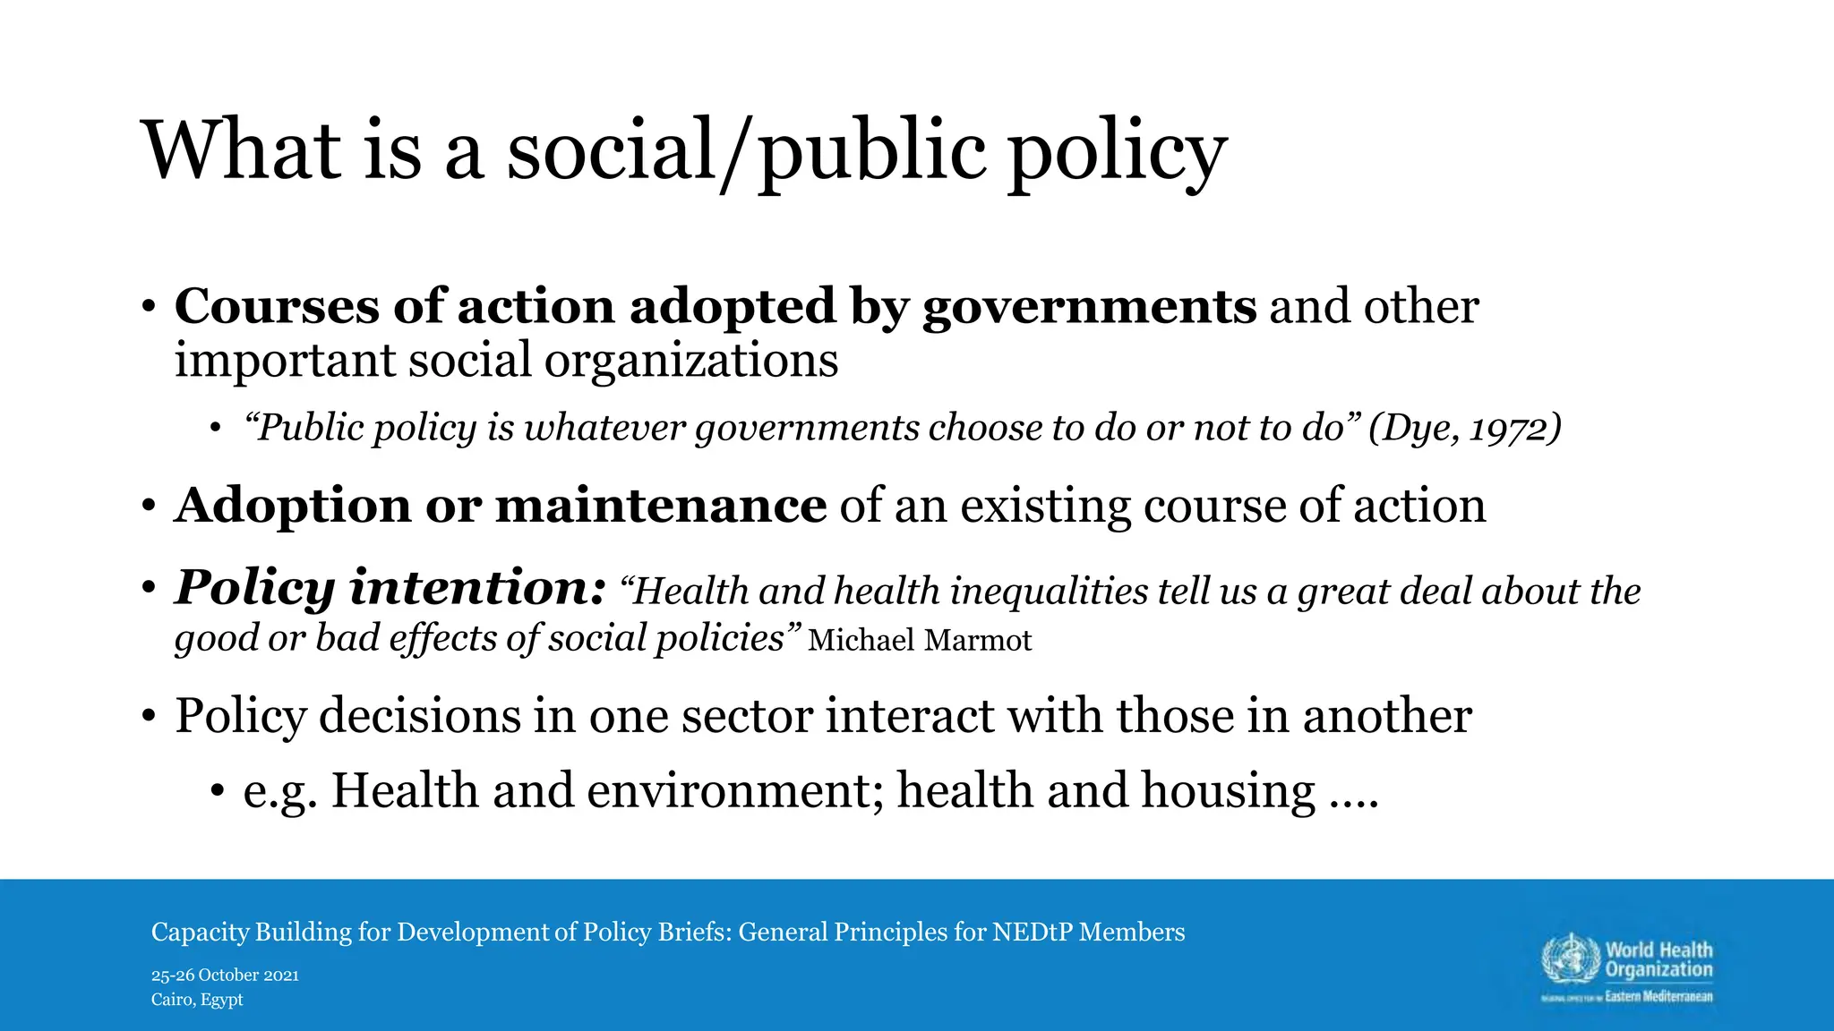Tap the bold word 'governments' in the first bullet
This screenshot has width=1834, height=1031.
[1089, 307]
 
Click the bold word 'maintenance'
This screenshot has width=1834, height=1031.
[661, 506]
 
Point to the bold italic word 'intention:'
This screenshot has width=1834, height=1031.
[478, 588]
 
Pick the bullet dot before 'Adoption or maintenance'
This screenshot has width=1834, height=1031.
[149, 507]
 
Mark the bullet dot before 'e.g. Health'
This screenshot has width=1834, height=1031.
[217, 792]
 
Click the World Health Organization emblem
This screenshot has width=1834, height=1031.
[1570, 960]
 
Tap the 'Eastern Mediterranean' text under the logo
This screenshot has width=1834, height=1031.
[1658, 997]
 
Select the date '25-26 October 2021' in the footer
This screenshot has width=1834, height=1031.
[225, 976]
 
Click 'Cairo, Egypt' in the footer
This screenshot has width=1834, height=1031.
[197, 1000]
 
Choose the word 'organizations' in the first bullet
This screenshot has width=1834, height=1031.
[690, 361]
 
